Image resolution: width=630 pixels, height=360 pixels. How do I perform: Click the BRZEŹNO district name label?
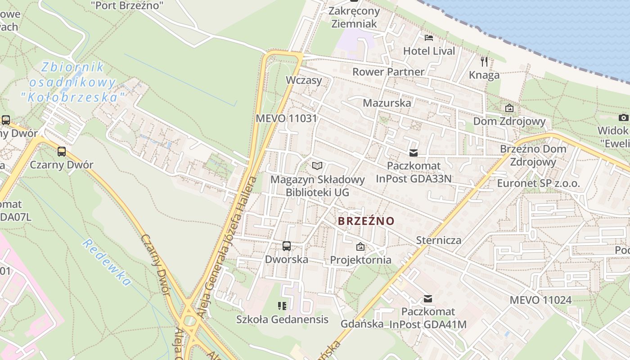tap(366, 221)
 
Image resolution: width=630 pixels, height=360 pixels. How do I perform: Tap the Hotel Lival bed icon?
tap(429, 37)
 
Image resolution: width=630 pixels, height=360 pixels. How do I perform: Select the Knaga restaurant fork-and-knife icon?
tap(484, 62)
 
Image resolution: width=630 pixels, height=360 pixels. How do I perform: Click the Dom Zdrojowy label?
tap(509, 121)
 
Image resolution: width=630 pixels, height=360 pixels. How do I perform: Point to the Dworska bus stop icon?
tap(287, 246)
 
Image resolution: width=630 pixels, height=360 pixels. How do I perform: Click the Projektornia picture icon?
tap(360, 247)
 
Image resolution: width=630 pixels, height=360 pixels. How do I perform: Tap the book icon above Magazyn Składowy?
tap(317, 166)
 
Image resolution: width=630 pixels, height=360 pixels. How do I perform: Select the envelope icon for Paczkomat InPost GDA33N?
tap(414, 153)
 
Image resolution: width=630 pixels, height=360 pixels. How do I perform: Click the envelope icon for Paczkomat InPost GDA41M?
tap(428, 298)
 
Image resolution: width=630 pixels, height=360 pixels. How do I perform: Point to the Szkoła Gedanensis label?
tap(282, 319)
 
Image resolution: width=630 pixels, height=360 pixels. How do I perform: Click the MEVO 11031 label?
tap(286, 119)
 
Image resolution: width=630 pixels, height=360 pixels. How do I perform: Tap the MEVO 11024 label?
tap(540, 300)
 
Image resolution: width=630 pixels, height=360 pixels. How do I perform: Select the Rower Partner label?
tap(388, 72)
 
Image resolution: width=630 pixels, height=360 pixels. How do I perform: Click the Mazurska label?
tap(387, 103)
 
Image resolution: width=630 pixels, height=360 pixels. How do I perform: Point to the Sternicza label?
tap(438, 240)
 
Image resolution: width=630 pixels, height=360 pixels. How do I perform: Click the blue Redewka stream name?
tap(107, 263)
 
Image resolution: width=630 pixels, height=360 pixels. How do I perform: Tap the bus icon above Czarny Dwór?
tap(62, 152)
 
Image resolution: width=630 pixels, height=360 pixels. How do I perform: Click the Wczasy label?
tap(304, 80)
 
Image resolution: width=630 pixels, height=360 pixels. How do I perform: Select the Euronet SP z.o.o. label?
tap(538, 183)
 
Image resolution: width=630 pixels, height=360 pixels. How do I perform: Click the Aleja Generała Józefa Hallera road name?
tap(229, 247)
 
